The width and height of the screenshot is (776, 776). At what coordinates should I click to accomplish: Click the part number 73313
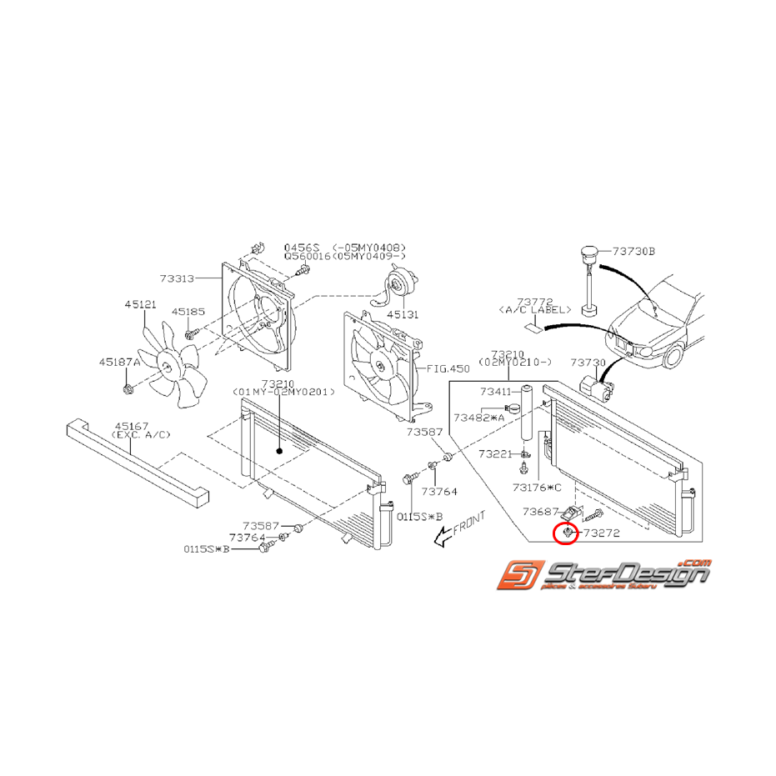pos(178,279)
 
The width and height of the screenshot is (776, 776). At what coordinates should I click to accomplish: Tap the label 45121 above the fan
pos(140,305)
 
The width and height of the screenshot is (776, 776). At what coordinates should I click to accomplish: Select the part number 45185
pos(188,311)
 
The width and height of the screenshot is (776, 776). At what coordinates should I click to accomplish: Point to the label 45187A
pos(119,362)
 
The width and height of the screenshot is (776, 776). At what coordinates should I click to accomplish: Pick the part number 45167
pos(130,424)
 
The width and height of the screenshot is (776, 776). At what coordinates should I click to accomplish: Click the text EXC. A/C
pos(130,434)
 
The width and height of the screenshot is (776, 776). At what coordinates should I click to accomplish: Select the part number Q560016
pos(308,257)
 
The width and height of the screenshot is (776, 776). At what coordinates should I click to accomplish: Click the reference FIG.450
pos(448,368)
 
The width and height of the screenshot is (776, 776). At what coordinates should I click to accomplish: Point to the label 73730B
pos(634,250)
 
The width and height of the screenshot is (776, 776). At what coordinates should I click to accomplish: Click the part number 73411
pos(497,391)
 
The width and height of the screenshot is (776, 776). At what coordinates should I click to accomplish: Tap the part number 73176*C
pos(538,488)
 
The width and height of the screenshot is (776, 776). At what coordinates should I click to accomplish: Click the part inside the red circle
pos(567,532)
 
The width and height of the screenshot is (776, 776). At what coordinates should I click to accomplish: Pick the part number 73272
pos(602,532)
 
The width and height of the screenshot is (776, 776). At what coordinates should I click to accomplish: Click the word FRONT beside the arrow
pos(468,526)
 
